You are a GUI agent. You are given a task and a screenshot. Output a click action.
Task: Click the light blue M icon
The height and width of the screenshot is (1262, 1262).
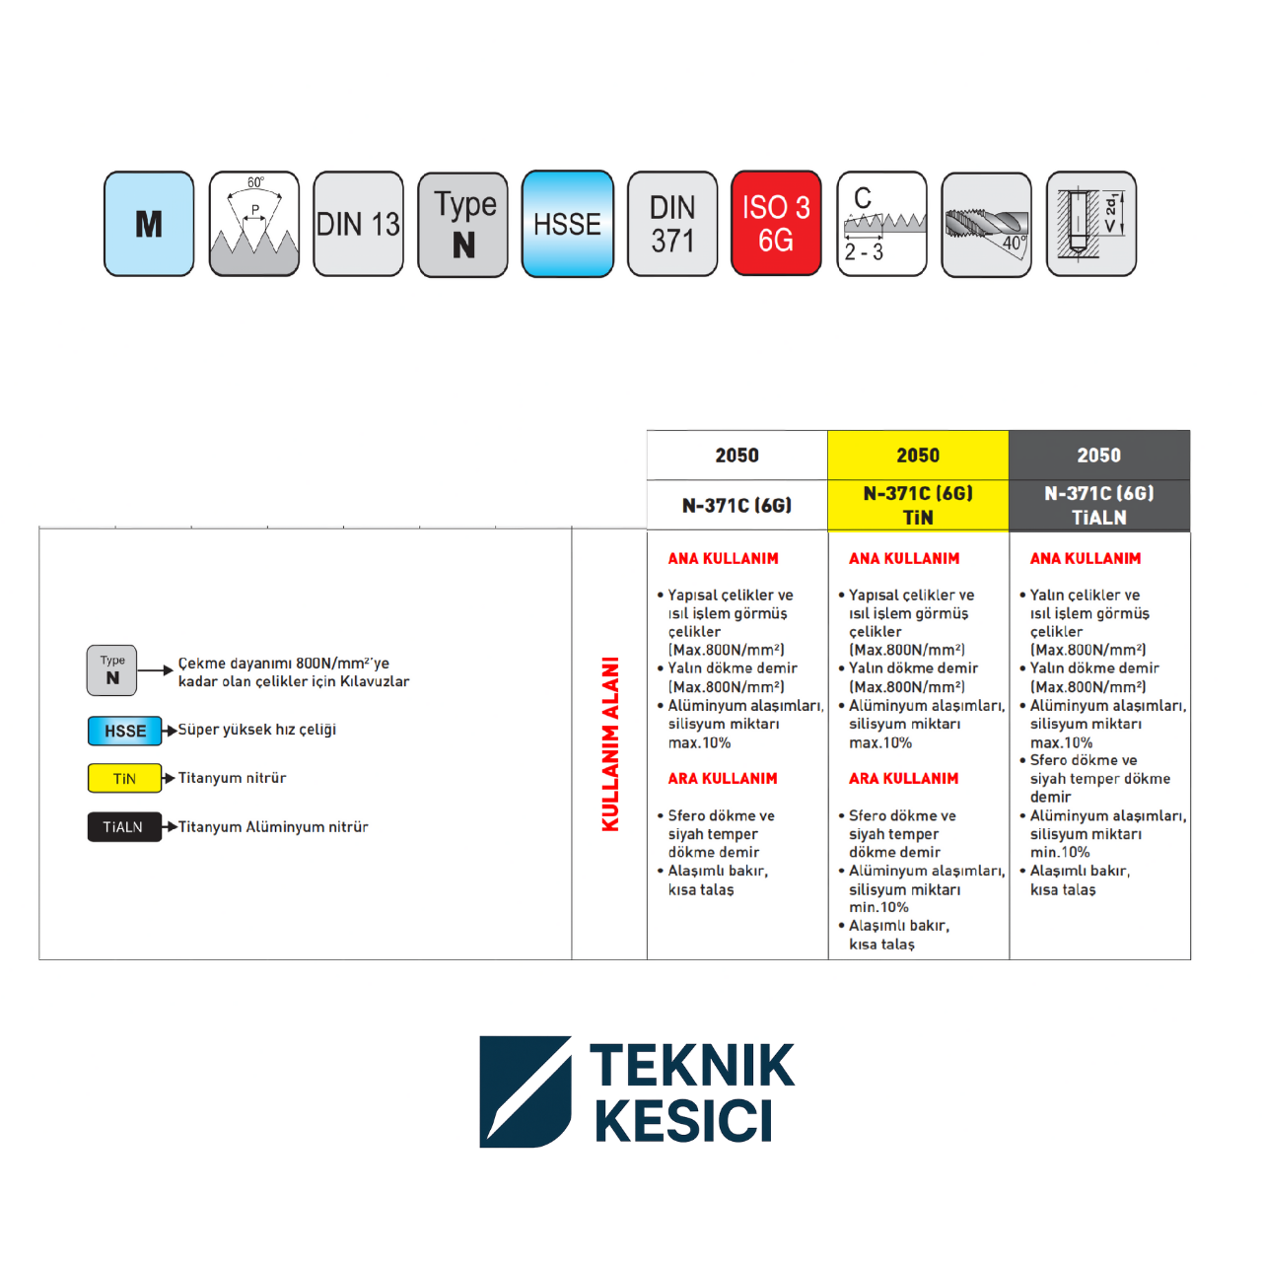[149, 224]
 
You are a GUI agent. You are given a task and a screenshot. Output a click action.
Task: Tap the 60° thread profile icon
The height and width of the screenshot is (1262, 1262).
[254, 224]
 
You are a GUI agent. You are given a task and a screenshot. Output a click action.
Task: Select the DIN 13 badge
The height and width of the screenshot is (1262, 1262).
[358, 224]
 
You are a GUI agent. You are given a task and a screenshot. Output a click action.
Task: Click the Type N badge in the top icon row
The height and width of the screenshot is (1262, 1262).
[463, 225]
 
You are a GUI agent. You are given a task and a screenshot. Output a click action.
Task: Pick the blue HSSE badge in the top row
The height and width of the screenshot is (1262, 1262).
[568, 224]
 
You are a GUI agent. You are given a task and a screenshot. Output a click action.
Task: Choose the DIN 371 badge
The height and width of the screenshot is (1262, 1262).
[672, 224]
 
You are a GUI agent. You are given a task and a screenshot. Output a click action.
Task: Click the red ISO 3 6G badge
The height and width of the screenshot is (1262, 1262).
[776, 224]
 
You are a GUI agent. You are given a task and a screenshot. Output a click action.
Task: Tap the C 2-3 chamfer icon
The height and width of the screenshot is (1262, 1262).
[882, 224]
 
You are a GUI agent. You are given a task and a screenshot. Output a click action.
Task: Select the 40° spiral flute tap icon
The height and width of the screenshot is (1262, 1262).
[986, 225]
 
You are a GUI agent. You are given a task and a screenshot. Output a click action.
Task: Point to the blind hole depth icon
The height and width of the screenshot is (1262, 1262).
[1091, 224]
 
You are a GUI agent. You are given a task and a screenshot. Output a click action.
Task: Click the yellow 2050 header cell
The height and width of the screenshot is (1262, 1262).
[918, 456]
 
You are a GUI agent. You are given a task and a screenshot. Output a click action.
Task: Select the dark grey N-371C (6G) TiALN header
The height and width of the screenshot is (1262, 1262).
[1099, 506]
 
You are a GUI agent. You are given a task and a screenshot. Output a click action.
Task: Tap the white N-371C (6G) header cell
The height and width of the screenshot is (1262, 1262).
[737, 506]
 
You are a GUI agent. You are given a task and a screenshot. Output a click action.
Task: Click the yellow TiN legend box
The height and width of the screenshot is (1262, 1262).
[124, 778]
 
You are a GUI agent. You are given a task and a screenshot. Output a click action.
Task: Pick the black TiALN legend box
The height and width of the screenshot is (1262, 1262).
[124, 827]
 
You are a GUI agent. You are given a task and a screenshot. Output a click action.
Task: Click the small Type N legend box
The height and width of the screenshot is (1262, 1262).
[112, 670]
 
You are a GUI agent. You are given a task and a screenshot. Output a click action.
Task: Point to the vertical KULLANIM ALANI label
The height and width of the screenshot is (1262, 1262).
[610, 744]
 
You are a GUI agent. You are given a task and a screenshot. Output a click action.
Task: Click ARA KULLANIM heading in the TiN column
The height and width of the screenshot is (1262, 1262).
[904, 779]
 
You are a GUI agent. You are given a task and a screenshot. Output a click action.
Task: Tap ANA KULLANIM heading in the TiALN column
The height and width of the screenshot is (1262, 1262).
[1086, 559]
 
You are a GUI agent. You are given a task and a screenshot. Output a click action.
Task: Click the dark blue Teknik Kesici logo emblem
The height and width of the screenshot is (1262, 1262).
[526, 1091]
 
